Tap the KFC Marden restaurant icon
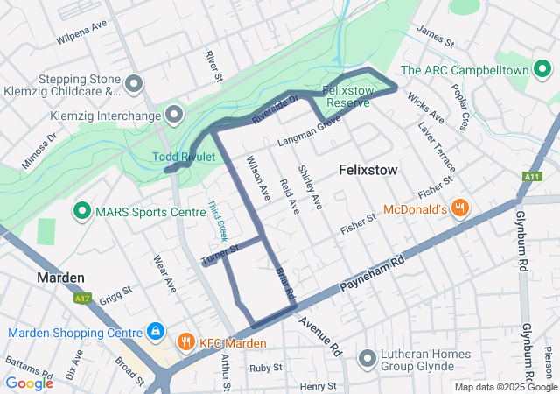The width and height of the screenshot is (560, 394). tap(185, 342)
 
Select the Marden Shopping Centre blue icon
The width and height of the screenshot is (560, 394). tap(155, 332)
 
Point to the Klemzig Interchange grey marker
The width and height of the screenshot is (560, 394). tap(174, 115)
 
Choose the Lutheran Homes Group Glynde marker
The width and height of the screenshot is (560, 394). tap(367, 359)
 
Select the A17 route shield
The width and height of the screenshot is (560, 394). tap(83, 299)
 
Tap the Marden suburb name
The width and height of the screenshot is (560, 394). tap(60, 278)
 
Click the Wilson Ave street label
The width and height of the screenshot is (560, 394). tap(257, 175)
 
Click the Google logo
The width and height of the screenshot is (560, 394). tap(29, 383)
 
